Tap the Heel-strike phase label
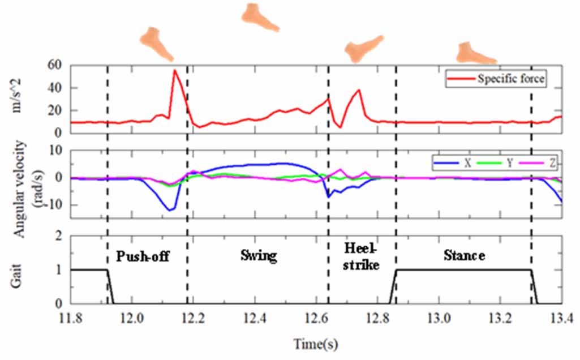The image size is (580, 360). point(362,256)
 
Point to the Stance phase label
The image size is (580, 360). point(463,256)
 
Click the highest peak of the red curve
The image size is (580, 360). point(174,70)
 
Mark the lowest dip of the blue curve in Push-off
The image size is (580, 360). point(169,210)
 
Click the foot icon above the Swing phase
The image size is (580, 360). point(260,16)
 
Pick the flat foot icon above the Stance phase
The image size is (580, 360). point(475,52)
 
